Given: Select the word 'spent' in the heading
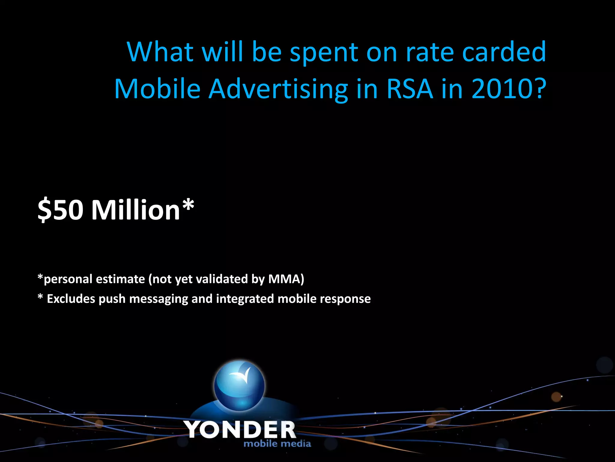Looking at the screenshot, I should pos(324,53).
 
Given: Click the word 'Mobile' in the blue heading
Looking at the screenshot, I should pos(157,89).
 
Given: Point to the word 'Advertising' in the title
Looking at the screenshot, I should pos(278,90).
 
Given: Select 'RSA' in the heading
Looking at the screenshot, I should pos(410,89).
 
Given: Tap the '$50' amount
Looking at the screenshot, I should pos(60,210).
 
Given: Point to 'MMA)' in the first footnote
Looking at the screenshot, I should pos(286,279).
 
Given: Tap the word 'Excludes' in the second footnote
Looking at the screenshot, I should pos(71,299).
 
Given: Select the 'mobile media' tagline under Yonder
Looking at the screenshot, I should pos(277,444).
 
